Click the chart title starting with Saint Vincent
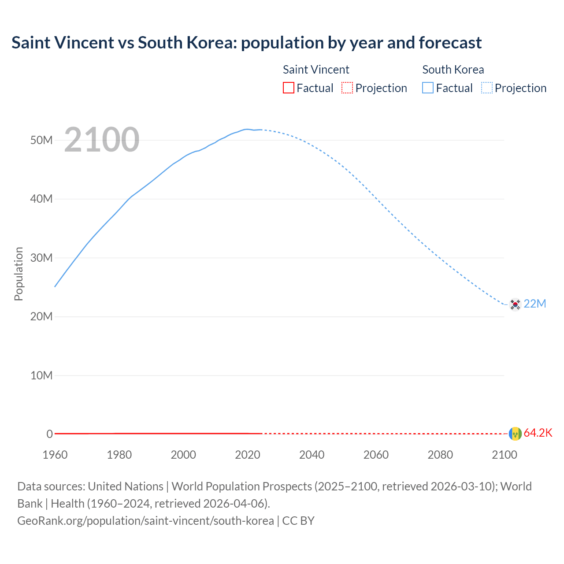point(246,43)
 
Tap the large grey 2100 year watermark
point(102,140)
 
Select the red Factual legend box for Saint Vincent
point(288,88)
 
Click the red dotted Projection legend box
point(347,88)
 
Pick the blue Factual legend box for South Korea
point(428,88)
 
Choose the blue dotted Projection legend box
point(487,88)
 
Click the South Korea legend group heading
point(453,70)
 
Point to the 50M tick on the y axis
point(41,140)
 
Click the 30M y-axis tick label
point(41,258)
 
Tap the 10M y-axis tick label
point(41,375)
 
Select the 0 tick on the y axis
point(49,434)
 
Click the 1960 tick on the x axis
point(55,455)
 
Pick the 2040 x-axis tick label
point(312,455)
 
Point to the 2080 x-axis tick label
point(440,455)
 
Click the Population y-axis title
point(19,274)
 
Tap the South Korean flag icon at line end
point(515,304)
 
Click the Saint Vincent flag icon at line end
point(515,434)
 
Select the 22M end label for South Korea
point(535,304)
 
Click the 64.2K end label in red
point(538,433)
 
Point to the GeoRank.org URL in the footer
point(145,521)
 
